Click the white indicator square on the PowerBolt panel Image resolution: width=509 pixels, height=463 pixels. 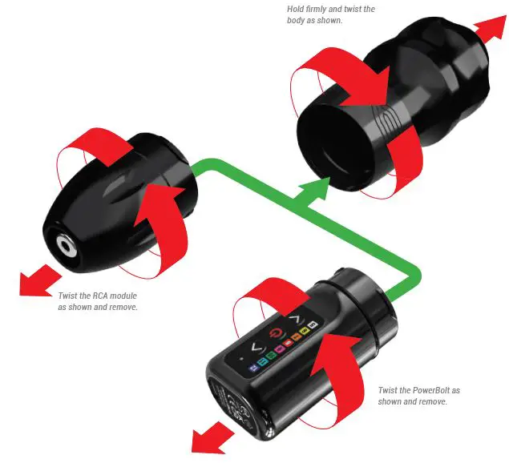tap(313, 324)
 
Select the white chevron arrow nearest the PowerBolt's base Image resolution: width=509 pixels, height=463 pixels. tap(256, 347)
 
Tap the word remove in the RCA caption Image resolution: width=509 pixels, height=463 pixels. tap(123, 307)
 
